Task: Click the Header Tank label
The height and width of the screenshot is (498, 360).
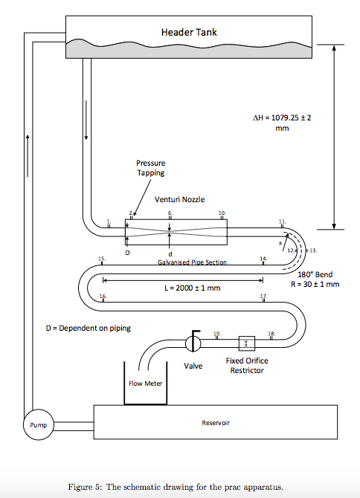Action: pyautogui.click(x=189, y=33)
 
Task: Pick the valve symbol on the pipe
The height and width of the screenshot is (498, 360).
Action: pyautogui.click(x=192, y=343)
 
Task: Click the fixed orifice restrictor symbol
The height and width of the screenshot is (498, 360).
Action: pyautogui.click(x=247, y=343)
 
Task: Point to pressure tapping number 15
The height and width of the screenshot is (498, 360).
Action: pyautogui.click(x=101, y=258)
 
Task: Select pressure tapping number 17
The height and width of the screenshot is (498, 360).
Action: pyautogui.click(x=263, y=297)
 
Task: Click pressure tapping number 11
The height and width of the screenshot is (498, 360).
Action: pyautogui.click(x=281, y=221)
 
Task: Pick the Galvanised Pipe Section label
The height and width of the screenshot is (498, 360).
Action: pyautogui.click(x=192, y=262)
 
